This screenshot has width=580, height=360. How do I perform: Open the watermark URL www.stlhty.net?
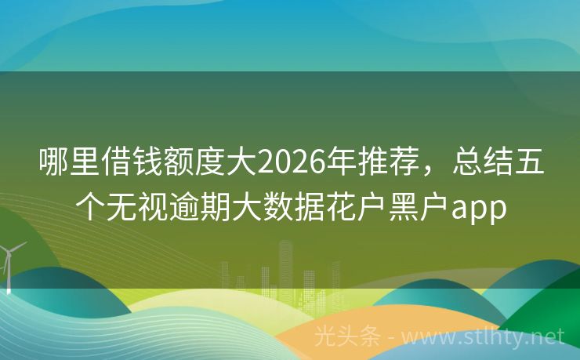(x=486, y=336)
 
